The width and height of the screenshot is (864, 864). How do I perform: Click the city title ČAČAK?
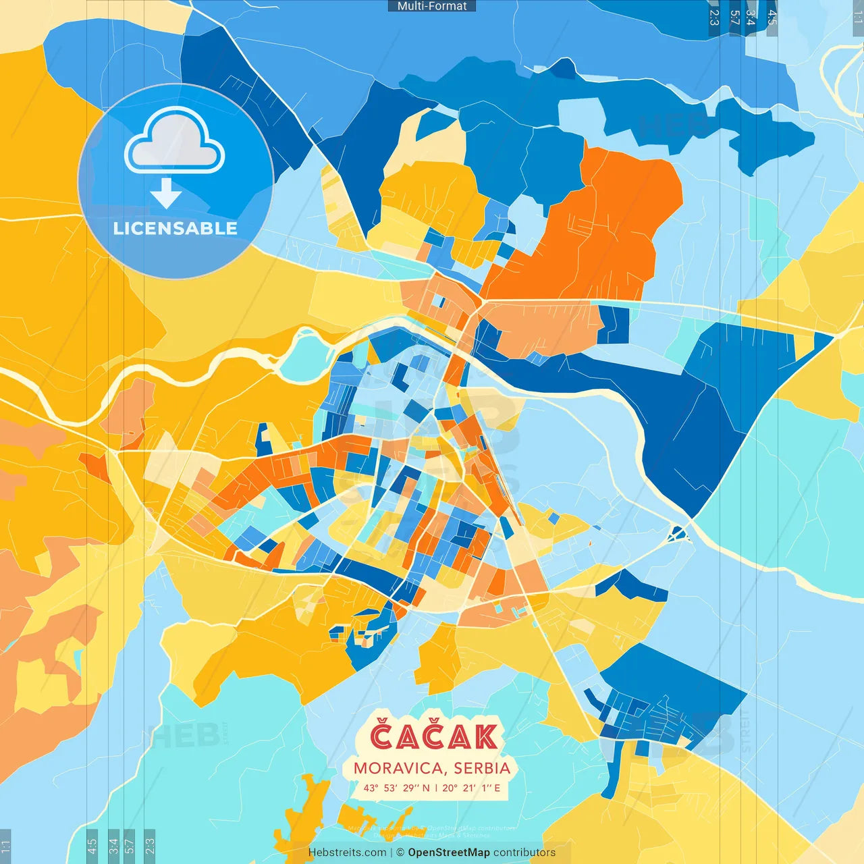[x=433, y=737]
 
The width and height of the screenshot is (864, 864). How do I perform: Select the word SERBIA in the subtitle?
[x=482, y=768]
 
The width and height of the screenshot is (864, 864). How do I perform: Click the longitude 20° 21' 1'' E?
[x=471, y=788]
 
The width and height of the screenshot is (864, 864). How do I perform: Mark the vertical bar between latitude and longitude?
[x=436, y=788]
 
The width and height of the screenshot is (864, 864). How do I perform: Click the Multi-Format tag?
[x=432, y=6]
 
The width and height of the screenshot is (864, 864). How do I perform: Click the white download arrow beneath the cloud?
[x=166, y=193]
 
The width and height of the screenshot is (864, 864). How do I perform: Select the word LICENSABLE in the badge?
[x=175, y=229]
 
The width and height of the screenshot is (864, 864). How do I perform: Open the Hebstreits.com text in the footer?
[x=347, y=853]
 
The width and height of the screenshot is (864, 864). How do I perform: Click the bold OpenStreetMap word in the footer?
[x=449, y=853]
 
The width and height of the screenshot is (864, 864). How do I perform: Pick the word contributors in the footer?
[x=524, y=853]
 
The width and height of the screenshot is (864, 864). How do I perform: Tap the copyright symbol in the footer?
[x=400, y=853]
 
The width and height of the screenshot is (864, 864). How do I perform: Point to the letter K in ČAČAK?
[x=485, y=737]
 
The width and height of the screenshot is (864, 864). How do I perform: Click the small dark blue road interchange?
[x=677, y=535]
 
